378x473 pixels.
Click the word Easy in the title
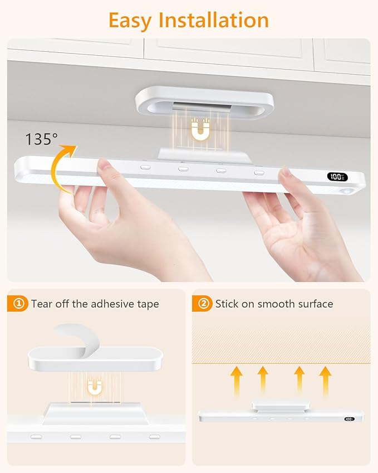[x=130, y=20]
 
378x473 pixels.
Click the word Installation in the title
[x=214, y=20]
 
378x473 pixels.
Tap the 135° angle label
[x=41, y=139]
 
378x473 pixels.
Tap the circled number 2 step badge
[x=204, y=304]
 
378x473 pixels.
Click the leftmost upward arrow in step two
[x=237, y=379]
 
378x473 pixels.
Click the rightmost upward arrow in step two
[x=325, y=379]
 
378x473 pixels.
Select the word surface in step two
[x=313, y=304]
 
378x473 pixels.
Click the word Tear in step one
[x=42, y=304]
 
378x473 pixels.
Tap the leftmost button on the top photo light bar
[x=145, y=167]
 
